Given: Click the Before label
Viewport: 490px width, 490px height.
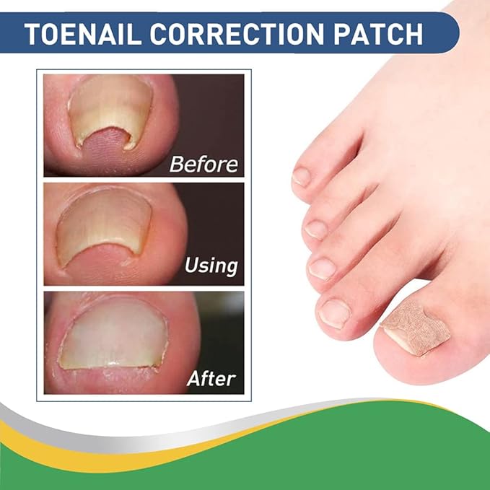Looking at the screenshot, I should click(203, 164).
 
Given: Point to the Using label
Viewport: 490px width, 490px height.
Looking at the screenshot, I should click(211, 265).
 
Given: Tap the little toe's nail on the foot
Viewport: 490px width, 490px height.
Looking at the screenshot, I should click(302, 175).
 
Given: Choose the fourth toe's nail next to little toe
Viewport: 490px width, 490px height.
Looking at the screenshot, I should click(316, 229).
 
